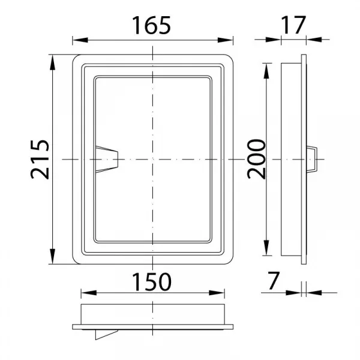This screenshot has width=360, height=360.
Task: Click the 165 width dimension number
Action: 151,25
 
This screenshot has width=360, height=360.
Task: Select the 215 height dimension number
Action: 40,160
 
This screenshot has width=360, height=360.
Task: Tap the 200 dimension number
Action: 256,159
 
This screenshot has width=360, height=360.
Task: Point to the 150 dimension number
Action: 152,282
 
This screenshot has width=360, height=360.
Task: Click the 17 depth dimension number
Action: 293,25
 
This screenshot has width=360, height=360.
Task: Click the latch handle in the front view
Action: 107,159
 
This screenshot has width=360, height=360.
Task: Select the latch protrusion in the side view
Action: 312,159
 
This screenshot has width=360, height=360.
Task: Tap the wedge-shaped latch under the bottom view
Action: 106,335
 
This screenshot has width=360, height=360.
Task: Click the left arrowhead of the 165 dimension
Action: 80,40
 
